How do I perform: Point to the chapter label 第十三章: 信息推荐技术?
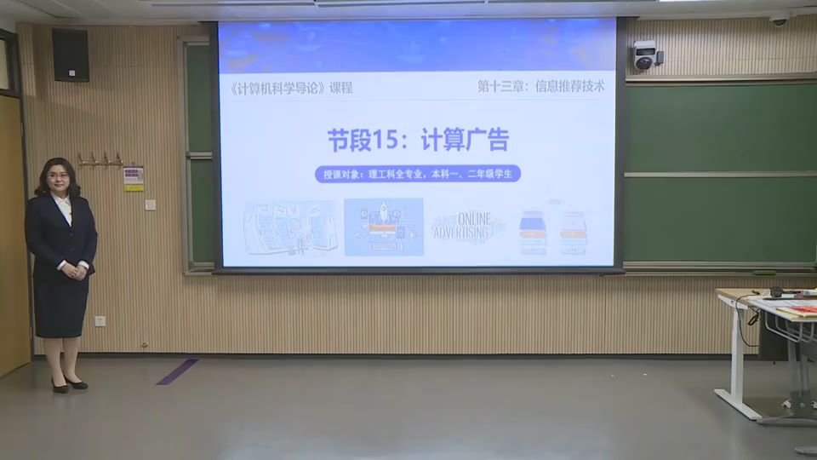pos(540,86)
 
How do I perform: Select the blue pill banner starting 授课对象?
pos(417,174)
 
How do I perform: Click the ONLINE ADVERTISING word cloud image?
pos(466,227)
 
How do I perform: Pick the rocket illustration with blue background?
pos(384,227)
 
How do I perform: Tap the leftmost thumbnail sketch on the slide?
pos(290,228)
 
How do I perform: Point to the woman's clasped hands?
pos(75,271)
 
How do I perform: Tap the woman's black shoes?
pos(68,385)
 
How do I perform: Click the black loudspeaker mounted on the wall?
pos(70,55)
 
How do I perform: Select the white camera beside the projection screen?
pos(646,56)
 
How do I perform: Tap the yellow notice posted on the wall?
pos(134,178)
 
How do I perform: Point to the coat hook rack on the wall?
pos(100,159)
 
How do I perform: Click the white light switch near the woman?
pos(150,204)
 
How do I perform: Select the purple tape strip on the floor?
pos(178,371)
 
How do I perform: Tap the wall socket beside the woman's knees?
pos(100,321)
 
